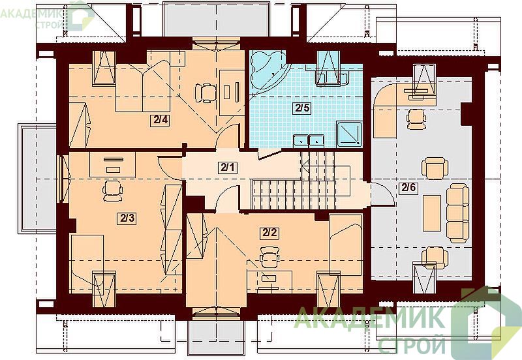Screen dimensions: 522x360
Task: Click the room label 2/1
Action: point(228,167)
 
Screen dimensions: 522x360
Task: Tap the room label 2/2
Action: point(269,232)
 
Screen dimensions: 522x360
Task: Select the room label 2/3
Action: point(127,218)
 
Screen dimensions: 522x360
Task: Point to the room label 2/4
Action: point(160,120)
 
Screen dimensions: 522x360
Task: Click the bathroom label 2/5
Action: point(302,108)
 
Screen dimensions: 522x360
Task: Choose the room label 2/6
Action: point(408,188)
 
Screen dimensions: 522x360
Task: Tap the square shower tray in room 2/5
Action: point(349,134)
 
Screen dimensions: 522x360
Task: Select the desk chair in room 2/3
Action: point(112,191)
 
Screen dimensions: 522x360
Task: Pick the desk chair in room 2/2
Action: point(269,256)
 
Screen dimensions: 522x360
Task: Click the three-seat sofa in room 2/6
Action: point(458,213)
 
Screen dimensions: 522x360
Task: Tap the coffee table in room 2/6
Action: point(432,213)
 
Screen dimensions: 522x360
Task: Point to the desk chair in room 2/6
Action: point(416,119)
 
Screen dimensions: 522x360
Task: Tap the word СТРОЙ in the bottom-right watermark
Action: point(412,345)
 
